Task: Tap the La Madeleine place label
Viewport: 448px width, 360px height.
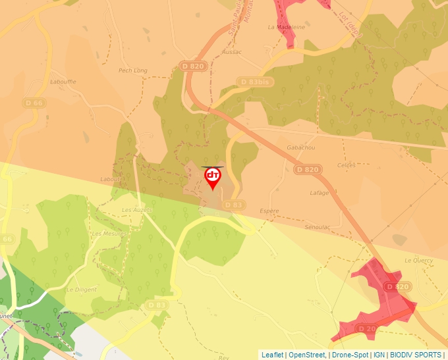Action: (x=287, y=27)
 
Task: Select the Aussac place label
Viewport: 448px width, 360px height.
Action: (x=232, y=52)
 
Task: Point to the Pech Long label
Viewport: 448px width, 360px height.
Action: (x=132, y=70)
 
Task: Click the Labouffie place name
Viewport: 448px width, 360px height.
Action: (x=63, y=82)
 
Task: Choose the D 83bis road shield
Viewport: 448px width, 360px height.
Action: (x=254, y=82)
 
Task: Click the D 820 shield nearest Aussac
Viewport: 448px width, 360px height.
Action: (x=192, y=66)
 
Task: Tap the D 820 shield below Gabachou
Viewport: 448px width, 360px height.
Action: (x=307, y=170)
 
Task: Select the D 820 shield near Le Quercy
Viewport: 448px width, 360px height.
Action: (x=398, y=287)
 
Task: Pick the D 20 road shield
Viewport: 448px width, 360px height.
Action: (x=366, y=328)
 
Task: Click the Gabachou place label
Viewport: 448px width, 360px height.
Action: (x=301, y=148)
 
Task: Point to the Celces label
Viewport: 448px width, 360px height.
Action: (x=346, y=165)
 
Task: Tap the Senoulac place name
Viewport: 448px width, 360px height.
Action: (x=317, y=226)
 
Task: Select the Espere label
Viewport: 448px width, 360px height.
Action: (x=269, y=211)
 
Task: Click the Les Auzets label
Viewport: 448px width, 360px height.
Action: (x=137, y=210)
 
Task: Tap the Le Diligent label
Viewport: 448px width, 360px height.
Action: (x=82, y=289)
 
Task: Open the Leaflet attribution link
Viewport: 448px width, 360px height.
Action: (x=272, y=355)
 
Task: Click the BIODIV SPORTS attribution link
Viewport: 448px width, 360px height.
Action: (x=416, y=355)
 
